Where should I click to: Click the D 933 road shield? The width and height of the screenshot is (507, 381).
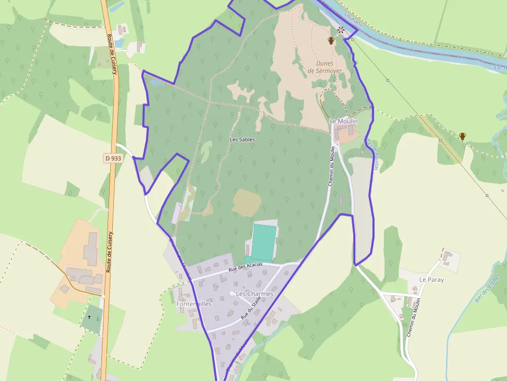tap(113, 158)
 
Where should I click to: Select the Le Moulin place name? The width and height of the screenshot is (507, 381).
tap(344, 120)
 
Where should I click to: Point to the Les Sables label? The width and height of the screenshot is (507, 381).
tap(242, 140)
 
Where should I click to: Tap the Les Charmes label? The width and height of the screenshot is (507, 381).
tap(255, 294)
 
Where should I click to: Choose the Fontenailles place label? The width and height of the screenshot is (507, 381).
tap(194, 304)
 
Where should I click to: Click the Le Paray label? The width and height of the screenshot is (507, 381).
tap(431, 280)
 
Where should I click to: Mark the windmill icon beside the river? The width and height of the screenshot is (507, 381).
tap(341, 30)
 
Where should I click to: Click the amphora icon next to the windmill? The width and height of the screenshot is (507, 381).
tap(331, 40)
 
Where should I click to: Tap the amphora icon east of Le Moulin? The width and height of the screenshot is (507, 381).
tap(463, 136)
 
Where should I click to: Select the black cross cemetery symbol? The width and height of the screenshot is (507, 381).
tap(89, 317)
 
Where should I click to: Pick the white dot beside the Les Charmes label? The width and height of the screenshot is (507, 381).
tap(232, 294)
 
